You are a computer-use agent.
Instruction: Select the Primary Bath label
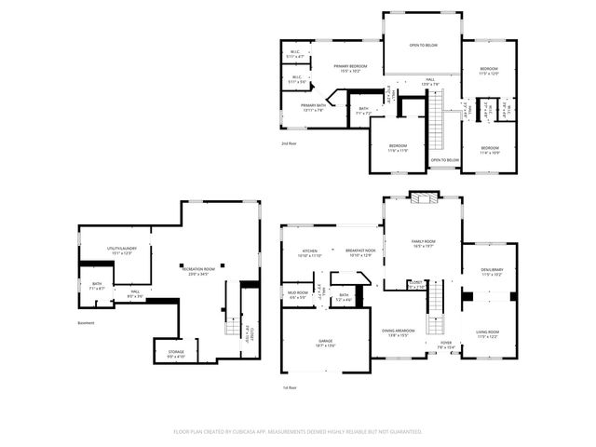tap(312, 107)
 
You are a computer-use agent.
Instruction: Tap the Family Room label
tap(424, 243)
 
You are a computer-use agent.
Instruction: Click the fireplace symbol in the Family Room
tap(423, 197)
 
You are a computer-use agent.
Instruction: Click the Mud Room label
tap(298, 294)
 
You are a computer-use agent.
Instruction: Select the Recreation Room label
tap(195, 270)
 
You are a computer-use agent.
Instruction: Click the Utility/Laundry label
tap(121, 250)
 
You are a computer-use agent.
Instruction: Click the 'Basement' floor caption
tap(87, 323)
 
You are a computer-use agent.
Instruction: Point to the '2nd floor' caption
tap(290, 143)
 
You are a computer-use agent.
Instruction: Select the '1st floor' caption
tap(290, 387)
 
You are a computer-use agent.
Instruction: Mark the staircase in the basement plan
tap(232, 326)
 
